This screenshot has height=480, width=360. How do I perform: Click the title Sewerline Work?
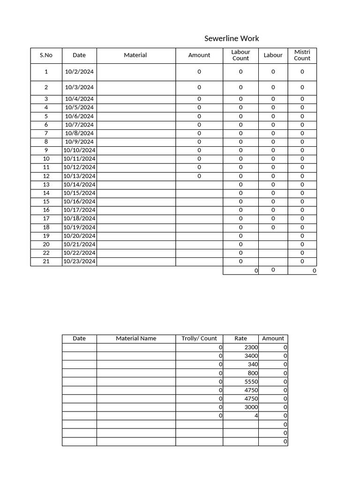pos(232,38)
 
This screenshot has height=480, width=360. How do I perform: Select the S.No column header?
pos(46,55)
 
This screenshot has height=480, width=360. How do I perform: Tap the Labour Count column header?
pos(240,55)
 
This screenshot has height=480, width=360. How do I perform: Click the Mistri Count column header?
pos(302,55)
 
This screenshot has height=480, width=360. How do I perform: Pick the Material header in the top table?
pos(135,55)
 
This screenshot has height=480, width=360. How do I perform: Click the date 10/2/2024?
pos(79,72)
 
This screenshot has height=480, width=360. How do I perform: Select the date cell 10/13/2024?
pos(79,176)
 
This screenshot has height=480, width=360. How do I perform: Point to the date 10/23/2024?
pos(79,262)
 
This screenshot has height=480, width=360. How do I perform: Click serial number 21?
pos(46,262)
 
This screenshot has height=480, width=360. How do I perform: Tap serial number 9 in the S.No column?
pos(46,150)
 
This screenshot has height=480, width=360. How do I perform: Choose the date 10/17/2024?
pos(79,210)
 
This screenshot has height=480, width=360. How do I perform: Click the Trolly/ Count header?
pos(199,338)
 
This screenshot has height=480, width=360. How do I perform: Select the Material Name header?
pos(136,338)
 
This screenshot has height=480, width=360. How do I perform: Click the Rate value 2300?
pos(251,347)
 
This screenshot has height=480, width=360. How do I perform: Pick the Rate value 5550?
pos(251,382)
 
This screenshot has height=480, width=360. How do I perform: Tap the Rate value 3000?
pos(251,407)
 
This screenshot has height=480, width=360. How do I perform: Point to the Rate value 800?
pos(253,373)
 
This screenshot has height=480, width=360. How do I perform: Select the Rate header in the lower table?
pos(240,338)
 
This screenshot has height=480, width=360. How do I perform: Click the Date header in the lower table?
pos(79,338)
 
